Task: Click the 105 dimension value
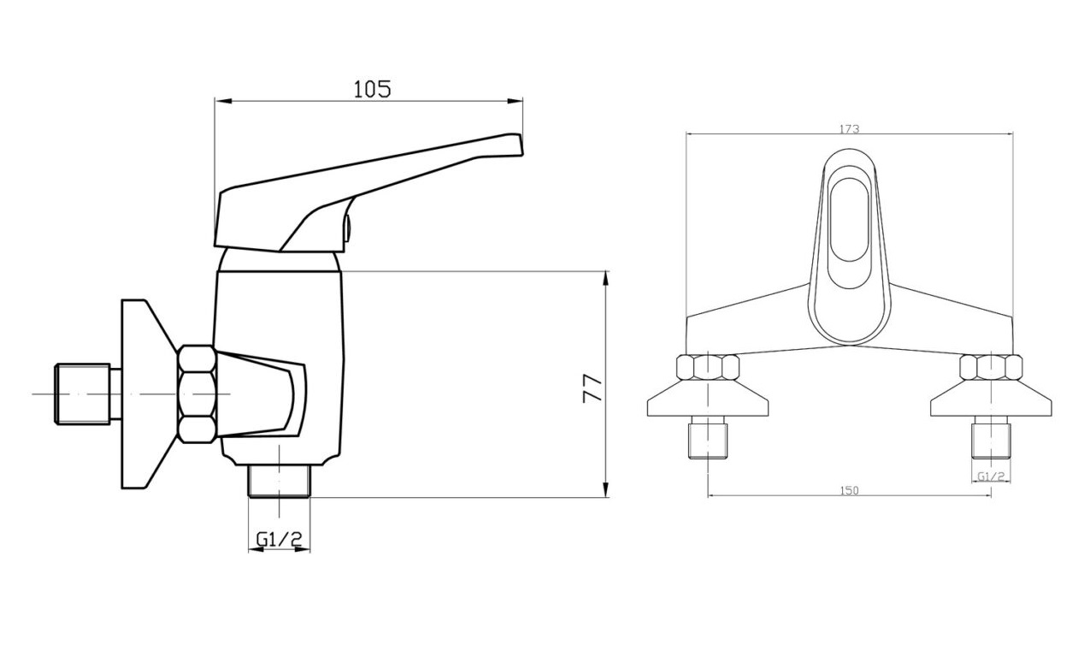pyautogui.click(x=372, y=89)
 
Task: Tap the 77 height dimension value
pyautogui.click(x=592, y=388)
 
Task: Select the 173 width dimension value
pyautogui.click(x=849, y=129)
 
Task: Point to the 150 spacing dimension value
pyautogui.click(x=849, y=490)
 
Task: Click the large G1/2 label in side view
pyautogui.click(x=280, y=539)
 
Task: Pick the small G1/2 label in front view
pyautogui.click(x=991, y=476)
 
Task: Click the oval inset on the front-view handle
pyautogui.click(x=849, y=227)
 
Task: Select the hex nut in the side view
pyautogui.click(x=197, y=394)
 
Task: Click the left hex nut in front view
pyautogui.click(x=708, y=367)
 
